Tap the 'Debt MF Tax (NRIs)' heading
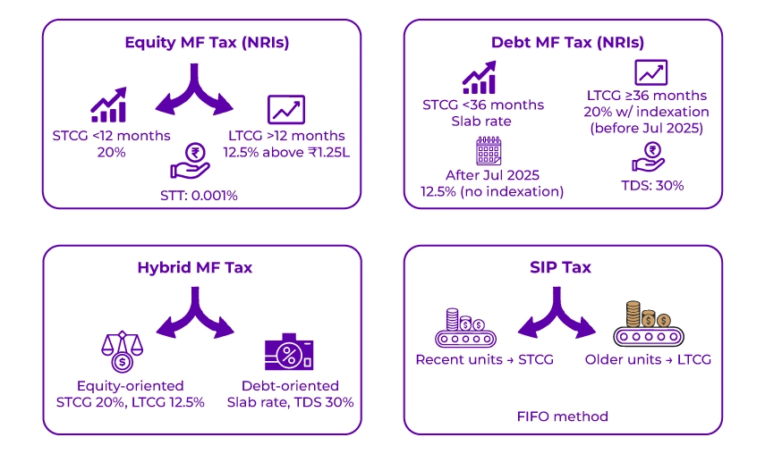click(x=567, y=42)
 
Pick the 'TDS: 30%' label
click(x=650, y=185)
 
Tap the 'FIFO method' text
click(x=562, y=416)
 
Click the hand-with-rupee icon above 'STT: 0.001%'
click(x=190, y=156)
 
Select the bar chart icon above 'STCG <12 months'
click(x=107, y=105)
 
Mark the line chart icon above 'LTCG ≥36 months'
click(x=650, y=72)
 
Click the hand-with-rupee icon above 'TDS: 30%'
click(x=649, y=157)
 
